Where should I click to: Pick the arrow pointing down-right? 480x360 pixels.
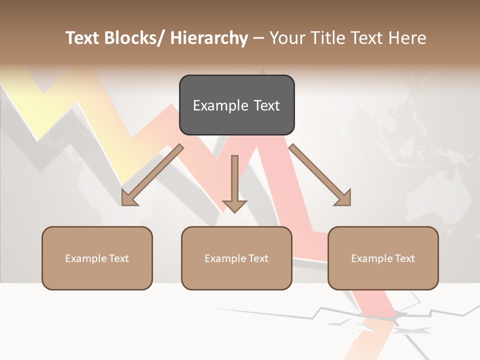pos(320,175)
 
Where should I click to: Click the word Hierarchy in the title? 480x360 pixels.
pos(209,38)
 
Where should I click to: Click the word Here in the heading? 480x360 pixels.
pos(405,38)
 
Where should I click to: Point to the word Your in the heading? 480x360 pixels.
pos(287,38)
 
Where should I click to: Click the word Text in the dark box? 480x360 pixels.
pos(266,105)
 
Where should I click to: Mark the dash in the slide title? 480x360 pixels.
pos(258,38)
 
